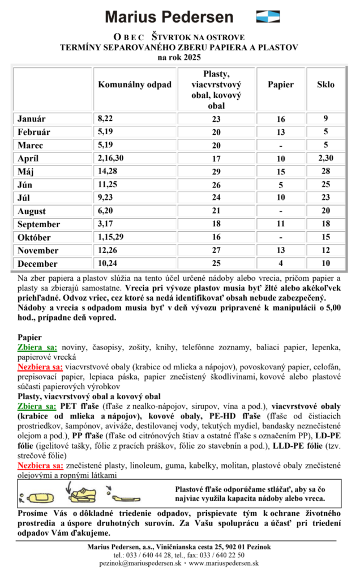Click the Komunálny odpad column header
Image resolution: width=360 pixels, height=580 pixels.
pyautogui.click(x=135, y=85)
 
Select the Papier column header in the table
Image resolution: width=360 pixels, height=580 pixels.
pyautogui.click(x=281, y=85)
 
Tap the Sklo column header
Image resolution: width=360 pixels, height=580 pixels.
pyautogui.click(x=325, y=85)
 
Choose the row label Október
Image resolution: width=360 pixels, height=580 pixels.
pyautogui.click(x=34, y=237)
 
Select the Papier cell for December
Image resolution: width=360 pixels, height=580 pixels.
pyautogui.click(x=281, y=263)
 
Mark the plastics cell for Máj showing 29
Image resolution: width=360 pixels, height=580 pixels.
pyautogui.click(x=216, y=171)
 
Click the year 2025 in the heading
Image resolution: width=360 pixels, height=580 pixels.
pyautogui.click(x=190, y=58)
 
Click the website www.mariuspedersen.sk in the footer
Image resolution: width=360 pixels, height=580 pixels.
pyautogui.click(x=224, y=564)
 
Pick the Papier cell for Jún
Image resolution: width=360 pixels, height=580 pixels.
pyautogui.click(x=281, y=184)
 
